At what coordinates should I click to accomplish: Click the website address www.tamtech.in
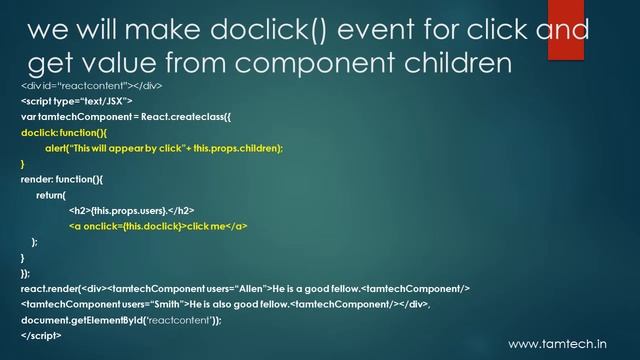point(564,344)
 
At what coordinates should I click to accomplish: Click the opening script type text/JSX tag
point(76,101)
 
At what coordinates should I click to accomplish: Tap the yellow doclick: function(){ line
point(63,132)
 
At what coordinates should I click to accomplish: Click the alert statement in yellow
point(164,148)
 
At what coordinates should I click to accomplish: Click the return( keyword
point(51,195)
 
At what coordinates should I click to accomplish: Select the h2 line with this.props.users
point(131,211)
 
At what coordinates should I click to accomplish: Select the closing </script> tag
point(41,335)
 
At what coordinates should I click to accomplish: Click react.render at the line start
point(49,288)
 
